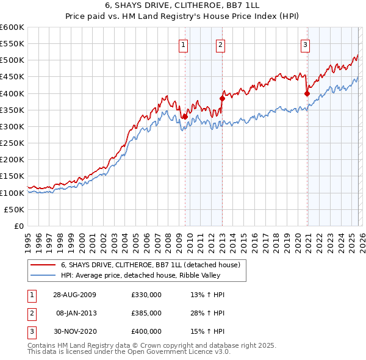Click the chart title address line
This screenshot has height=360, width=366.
[x=182, y=6]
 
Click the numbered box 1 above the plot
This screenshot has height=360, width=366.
[x=184, y=44]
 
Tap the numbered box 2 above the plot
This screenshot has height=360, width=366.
[x=220, y=44]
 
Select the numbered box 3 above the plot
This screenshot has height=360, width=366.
[x=305, y=44]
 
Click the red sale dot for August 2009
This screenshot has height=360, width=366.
[x=185, y=117]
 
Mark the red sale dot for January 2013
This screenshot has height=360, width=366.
[x=222, y=98]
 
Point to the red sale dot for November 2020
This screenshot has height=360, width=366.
[x=307, y=93]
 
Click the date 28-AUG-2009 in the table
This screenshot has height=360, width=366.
[x=74, y=295]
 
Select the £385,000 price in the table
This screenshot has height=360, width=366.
[x=146, y=312]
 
